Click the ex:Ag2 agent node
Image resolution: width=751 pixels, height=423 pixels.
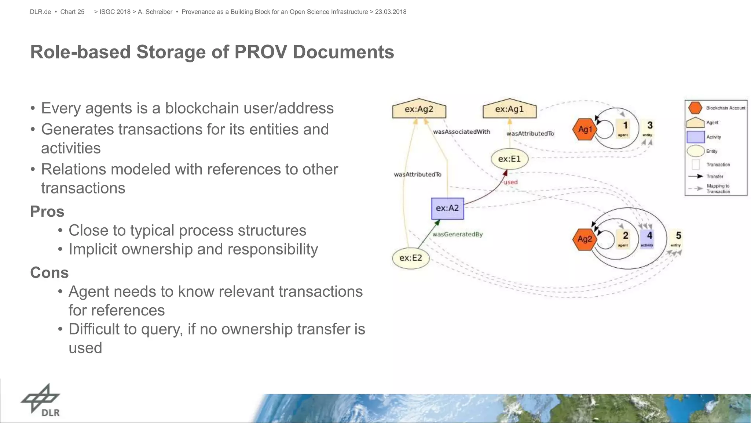click(x=419, y=109)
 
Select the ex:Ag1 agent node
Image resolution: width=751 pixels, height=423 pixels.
click(x=509, y=109)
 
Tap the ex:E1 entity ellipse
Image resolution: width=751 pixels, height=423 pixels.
click(x=509, y=159)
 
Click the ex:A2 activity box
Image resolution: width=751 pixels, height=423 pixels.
click(x=447, y=208)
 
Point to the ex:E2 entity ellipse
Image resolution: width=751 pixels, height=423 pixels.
click(x=411, y=258)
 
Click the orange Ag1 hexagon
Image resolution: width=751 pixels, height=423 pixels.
click(x=585, y=129)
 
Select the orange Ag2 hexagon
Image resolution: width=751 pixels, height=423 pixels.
click(x=585, y=239)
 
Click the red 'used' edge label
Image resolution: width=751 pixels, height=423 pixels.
click(x=510, y=182)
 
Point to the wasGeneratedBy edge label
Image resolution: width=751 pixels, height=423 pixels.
click(x=457, y=234)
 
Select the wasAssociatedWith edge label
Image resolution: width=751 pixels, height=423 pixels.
click(x=461, y=132)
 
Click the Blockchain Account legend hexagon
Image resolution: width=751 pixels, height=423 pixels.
click(x=695, y=108)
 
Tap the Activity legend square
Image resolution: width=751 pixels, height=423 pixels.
click(x=695, y=137)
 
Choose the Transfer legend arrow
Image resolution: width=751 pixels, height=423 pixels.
click(x=695, y=176)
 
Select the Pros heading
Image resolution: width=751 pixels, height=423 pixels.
click(x=47, y=212)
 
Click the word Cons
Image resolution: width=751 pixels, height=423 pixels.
click(x=50, y=273)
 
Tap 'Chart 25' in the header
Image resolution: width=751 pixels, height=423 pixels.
click(x=72, y=12)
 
